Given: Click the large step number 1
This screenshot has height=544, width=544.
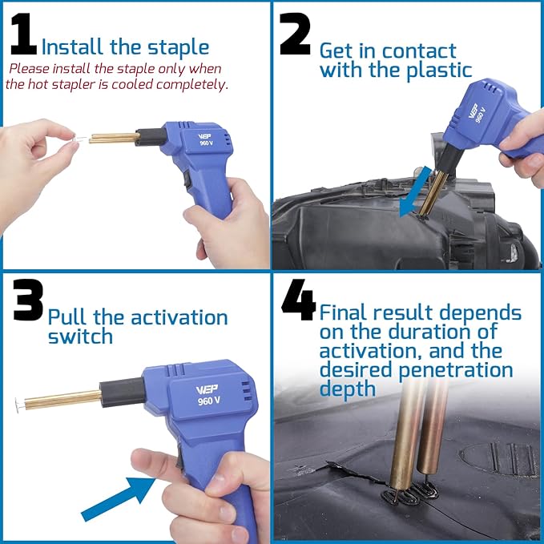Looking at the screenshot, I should tap(23, 38).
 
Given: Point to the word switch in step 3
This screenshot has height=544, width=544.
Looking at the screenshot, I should tap(80, 336).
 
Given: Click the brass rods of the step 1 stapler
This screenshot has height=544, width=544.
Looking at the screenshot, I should tap(113, 138).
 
